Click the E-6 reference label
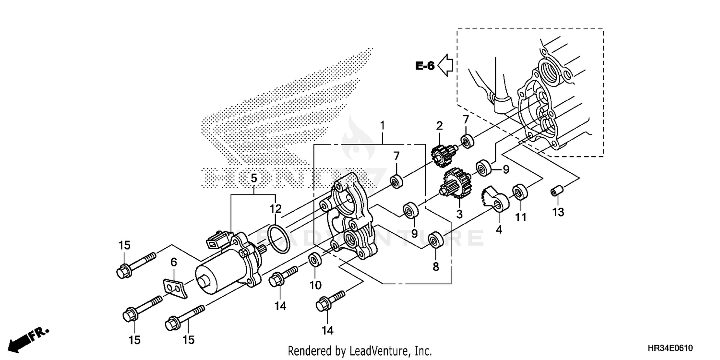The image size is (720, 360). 425,66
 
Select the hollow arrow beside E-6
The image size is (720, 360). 446,65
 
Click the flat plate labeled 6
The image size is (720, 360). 172,285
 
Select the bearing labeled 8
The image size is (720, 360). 436,240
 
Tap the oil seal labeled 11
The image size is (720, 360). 520,192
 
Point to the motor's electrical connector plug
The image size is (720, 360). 217,240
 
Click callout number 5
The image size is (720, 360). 254,180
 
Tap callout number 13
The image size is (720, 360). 559,212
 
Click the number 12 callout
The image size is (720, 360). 275,209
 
